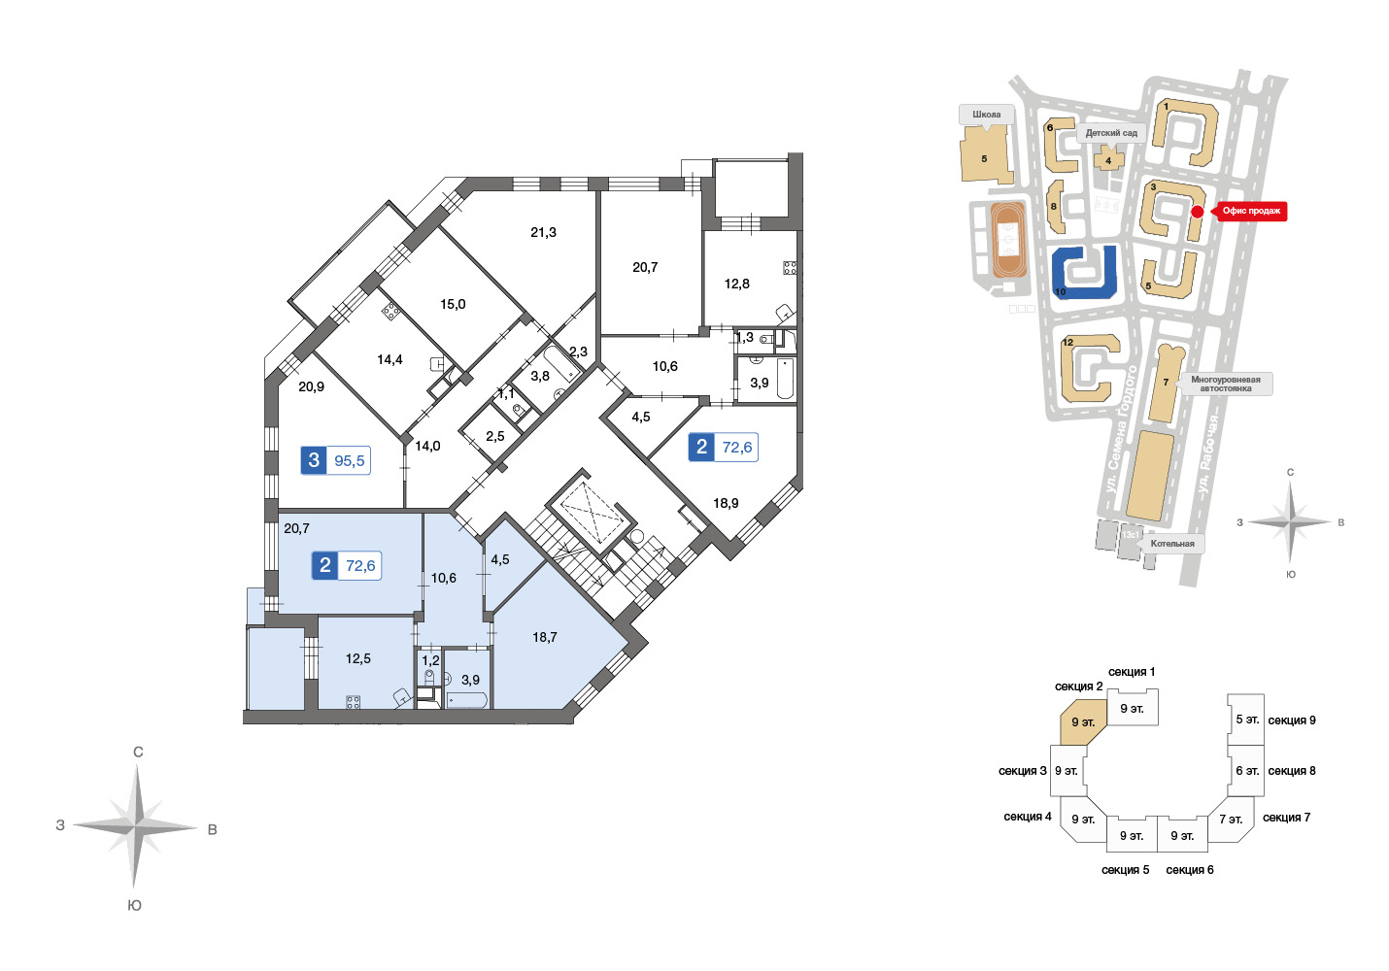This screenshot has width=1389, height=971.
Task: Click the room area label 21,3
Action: [x=543, y=232]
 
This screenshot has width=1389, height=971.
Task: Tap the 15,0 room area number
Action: [x=453, y=305]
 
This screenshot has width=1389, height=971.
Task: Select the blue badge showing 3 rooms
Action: [x=314, y=460]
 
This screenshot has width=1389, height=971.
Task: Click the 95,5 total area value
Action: [x=349, y=460]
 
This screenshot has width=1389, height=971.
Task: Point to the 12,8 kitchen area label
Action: [x=736, y=284]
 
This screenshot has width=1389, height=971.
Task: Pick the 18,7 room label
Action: [x=545, y=637]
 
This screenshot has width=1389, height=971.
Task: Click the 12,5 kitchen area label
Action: [x=357, y=658]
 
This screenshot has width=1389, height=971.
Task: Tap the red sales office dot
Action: [x=1198, y=212]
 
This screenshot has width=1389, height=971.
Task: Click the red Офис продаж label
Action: [x=1251, y=211]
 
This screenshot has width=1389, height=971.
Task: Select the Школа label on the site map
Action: [x=986, y=115]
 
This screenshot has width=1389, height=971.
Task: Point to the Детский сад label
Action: [x=1111, y=133]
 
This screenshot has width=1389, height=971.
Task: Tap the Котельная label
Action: [x=1172, y=544]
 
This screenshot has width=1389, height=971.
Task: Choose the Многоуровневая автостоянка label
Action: [x=1225, y=384]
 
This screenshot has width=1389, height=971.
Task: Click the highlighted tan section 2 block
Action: [x=1083, y=721]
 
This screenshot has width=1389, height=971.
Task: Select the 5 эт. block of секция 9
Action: [x=1246, y=720]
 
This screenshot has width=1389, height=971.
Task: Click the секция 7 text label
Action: [x=1286, y=818]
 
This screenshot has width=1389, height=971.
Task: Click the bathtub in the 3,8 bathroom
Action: [x=562, y=364]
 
